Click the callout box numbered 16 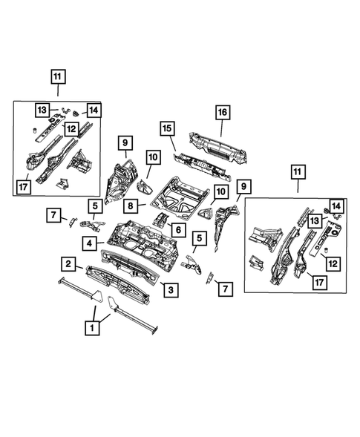[x=221, y=112]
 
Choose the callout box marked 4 [x=89, y=242]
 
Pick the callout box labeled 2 [x=68, y=263]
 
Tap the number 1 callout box [x=93, y=326]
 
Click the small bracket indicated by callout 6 [x=160, y=219]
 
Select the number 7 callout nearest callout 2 [x=54, y=216]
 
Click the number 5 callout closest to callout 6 [x=197, y=238]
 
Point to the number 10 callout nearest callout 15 [x=152, y=157]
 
